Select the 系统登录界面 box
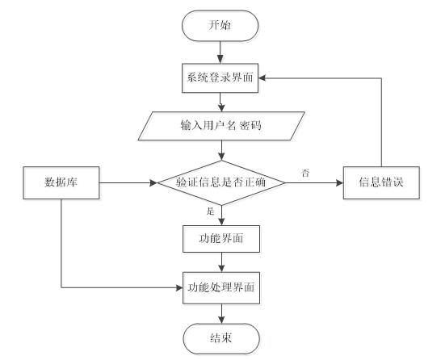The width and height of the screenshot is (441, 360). click(220, 78)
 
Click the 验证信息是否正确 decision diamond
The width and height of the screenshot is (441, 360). click(220, 183)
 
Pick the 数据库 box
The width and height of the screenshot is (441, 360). click(61, 183)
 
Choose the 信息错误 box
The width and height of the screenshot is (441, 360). click(381, 183)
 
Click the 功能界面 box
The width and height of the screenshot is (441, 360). click(220, 239)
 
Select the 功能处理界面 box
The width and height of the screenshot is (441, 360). click(220, 287)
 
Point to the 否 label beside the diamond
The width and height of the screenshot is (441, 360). click(304, 172)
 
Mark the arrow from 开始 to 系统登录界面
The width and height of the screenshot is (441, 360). click(220, 53)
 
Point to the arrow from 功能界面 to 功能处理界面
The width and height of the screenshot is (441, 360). click(220, 262)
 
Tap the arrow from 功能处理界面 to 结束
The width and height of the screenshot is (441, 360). click(220, 312)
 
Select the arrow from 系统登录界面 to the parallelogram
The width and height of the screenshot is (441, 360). click(220, 103)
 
